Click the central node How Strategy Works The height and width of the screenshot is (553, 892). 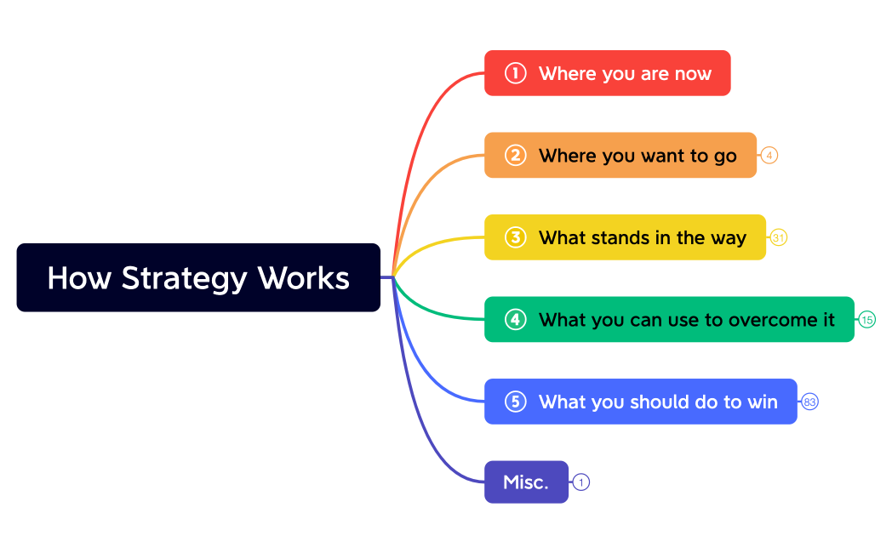pyautogui.click(x=198, y=277)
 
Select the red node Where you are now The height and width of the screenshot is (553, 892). pyautogui.click(x=607, y=73)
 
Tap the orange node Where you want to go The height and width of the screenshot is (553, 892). pyautogui.click(x=620, y=155)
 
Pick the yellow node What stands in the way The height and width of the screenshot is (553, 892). pyautogui.click(x=625, y=237)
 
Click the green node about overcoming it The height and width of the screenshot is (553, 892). pyautogui.click(x=669, y=319)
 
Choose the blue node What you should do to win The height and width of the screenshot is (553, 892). pyautogui.click(x=640, y=402)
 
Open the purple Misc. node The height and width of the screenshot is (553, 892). pyautogui.click(x=526, y=482)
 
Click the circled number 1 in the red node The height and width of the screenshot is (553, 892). pyautogui.click(x=515, y=73)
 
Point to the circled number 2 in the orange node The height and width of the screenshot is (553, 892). pyautogui.click(x=515, y=155)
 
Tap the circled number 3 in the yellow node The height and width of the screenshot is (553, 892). pyautogui.click(x=515, y=237)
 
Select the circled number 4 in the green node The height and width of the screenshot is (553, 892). pyautogui.click(x=515, y=319)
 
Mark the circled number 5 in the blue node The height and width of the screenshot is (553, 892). pyautogui.click(x=515, y=402)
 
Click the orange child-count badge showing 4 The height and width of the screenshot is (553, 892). pyautogui.click(x=769, y=155)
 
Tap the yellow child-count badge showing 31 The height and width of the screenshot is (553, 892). pyautogui.click(x=779, y=237)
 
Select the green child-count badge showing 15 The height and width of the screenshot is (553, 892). pyautogui.click(x=867, y=320)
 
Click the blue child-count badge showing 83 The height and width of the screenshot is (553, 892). pyautogui.click(x=810, y=402)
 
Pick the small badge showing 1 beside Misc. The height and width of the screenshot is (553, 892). pyautogui.click(x=581, y=482)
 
